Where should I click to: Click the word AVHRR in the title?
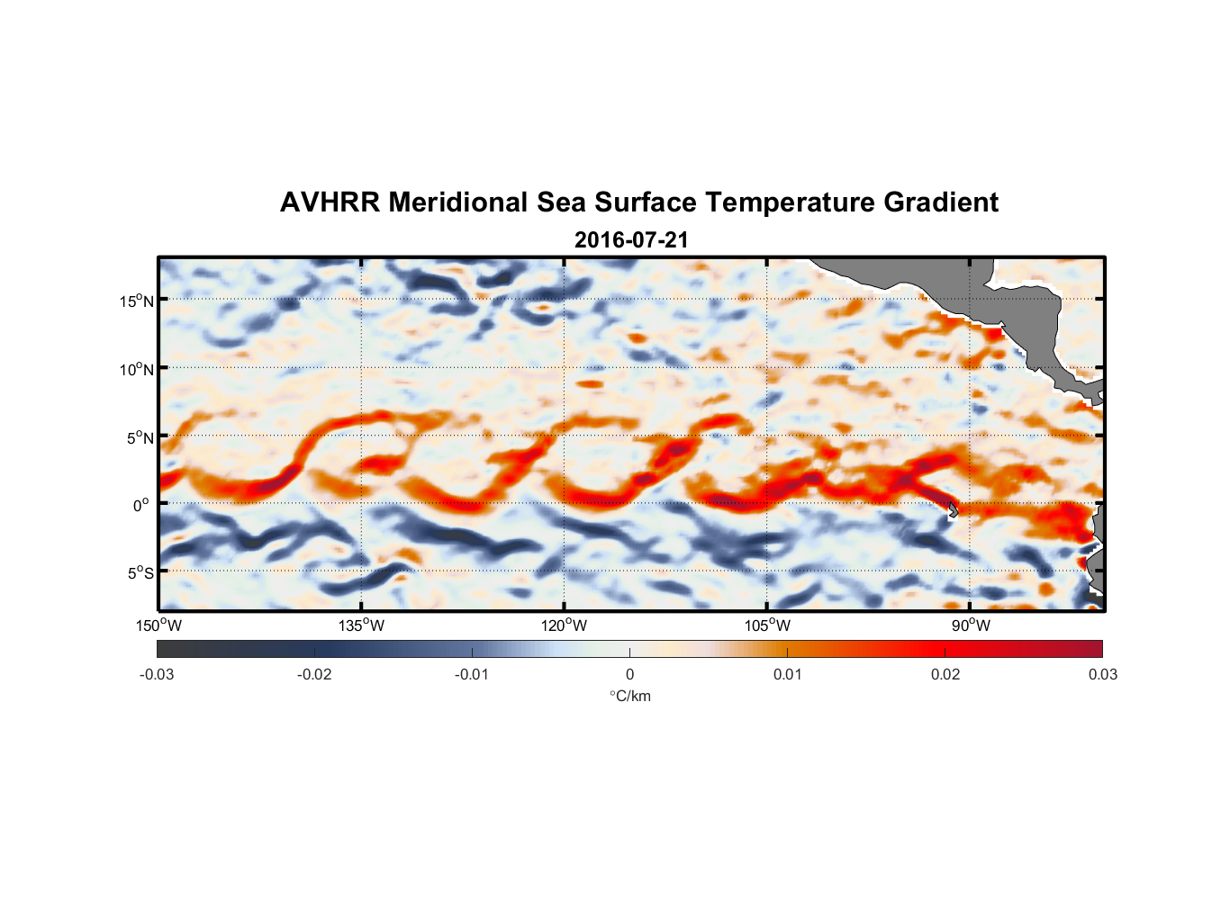click(x=330, y=202)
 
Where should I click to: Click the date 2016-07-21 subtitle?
click(x=631, y=240)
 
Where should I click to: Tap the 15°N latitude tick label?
click(x=137, y=301)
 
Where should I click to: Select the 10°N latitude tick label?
click(x=137, y=369)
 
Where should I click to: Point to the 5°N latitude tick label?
click(x=140, y=437)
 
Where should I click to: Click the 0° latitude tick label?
click(x=141, y=506)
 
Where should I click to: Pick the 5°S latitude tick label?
click(x=140, y=573)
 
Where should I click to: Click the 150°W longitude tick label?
click(x=159, y=625)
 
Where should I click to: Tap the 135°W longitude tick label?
click(x=362, y=625)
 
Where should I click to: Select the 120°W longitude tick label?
click(x=565, y=625)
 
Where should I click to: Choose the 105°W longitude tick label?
click(x=767, y=625)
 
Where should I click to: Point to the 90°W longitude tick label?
click(x=971, y=625)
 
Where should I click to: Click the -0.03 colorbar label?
click(x=157, y=674)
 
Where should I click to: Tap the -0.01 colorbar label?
click(x=471, y=674)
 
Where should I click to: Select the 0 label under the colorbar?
click(x=629, y=674)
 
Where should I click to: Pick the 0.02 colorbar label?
click(x=945, y=674)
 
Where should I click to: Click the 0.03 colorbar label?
click(x=1102, y=674)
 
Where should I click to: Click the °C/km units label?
click(x=629, y=696)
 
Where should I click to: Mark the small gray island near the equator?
click(x=953, y=510)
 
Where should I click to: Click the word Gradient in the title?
click(x=941, y=202)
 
